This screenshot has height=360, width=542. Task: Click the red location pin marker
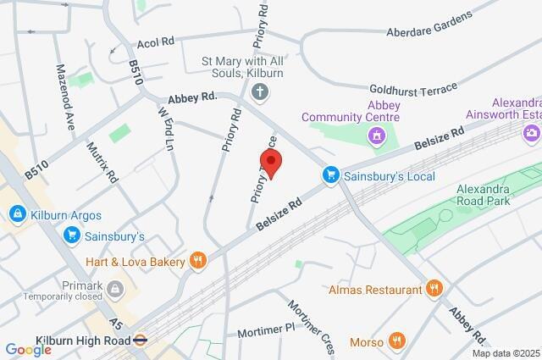[x=270, y=161]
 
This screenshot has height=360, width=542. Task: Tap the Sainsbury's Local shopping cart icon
[x=332, y=175]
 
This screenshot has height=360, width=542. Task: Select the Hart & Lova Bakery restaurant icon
[x=198, y=261]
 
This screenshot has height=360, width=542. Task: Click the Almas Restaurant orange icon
[x=434, y=290]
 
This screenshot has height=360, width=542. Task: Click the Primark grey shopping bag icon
[x=116, y=291]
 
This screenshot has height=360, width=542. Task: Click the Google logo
[x=28, y=349]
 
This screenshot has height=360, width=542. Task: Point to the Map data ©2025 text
[x=505, y=353]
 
